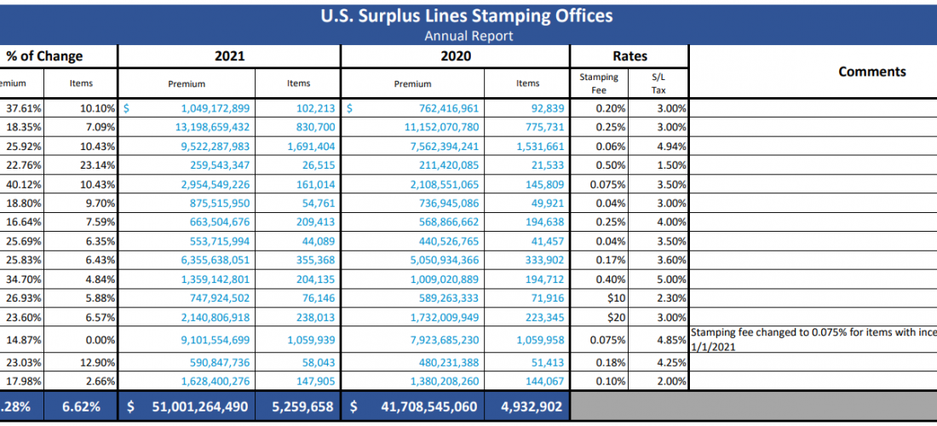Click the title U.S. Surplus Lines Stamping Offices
point(468,16)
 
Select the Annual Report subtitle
point(468,36)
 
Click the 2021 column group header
point(229,56)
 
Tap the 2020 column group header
point(455,56)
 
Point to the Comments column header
point(871,72)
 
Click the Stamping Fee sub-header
point(599,83)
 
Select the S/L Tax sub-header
point(658,83)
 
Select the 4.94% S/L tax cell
point(672,146)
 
